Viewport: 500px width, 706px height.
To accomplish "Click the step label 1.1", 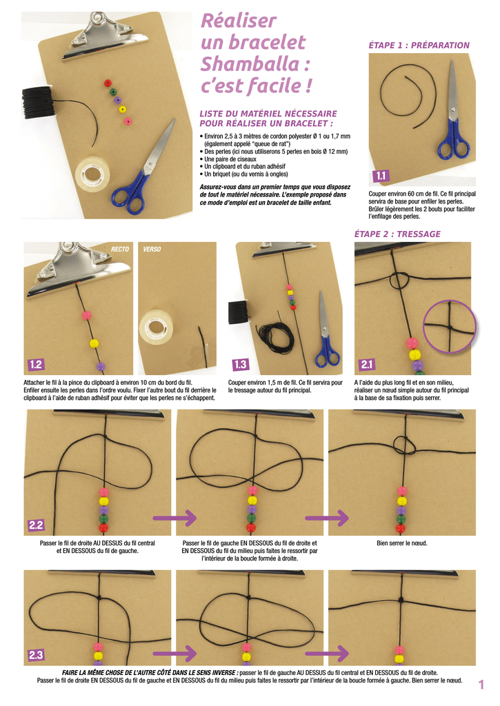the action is [381, 176].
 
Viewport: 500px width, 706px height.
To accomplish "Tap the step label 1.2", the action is [36, 364].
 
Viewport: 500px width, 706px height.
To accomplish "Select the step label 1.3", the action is [240, 364].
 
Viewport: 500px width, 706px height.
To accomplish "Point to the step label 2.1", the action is [367, 364].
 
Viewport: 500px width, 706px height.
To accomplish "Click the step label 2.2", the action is [36, 525].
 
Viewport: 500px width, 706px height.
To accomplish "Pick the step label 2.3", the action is [36, 655].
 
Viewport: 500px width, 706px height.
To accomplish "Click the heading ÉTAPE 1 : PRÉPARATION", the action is [419, 46].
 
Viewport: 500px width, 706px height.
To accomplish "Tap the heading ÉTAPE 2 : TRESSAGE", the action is [397, 234].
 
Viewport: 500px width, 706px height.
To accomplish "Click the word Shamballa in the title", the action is [250, 64].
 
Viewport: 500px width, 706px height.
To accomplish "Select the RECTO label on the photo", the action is [120, 249].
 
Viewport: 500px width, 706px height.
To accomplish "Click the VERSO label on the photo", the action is [152, 249].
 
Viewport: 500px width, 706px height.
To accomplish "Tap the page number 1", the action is [481, 685].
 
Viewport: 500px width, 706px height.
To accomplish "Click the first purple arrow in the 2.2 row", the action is [174, 518].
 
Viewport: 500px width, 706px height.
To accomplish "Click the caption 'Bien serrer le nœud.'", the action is [402, 543].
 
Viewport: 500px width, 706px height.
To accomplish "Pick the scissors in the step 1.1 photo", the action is [452, 112].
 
